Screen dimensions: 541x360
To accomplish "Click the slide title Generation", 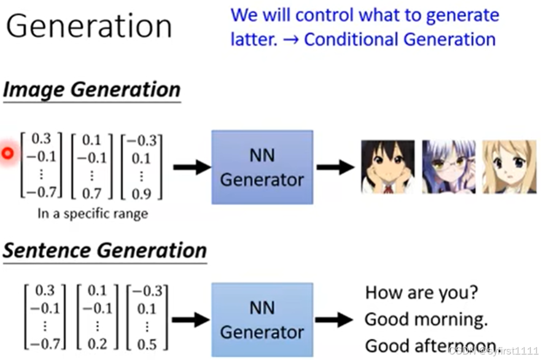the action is [x=88, y=27].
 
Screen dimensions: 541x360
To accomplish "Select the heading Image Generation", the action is [x=91, y=90].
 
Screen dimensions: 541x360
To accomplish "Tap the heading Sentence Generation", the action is [x=104, y=251].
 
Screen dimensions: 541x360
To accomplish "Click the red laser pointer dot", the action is [x=7, y=154].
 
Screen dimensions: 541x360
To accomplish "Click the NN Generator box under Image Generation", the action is [x=262, y=167].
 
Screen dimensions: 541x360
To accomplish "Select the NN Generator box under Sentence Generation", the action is [x=262, y=319].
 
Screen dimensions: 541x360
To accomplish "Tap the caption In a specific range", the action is [x=92, y=214].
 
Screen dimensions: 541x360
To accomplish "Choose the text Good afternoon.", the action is [x=430, y=346].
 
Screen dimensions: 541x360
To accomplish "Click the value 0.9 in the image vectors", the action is [x=141, y=194].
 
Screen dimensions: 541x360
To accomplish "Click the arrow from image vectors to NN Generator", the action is [x=192, y=167].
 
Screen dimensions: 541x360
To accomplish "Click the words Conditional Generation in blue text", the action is [x=400, y=40].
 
